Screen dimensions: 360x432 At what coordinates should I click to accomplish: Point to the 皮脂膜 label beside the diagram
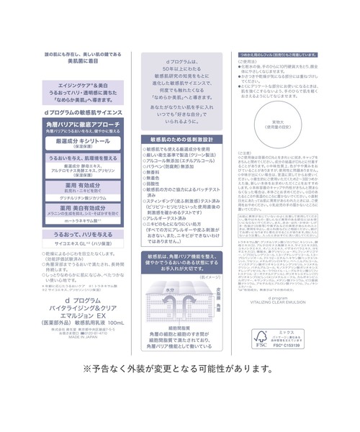coord(211,291)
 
